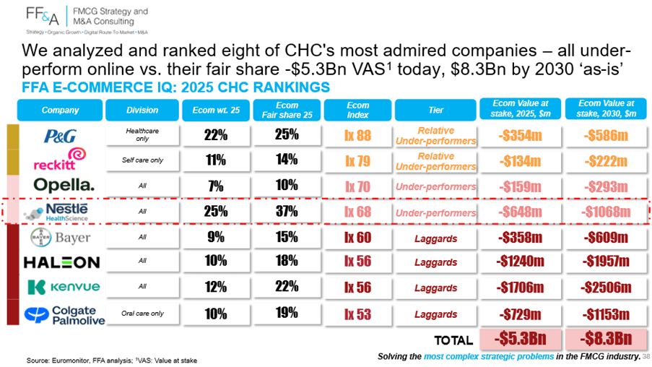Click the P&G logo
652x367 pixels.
60,136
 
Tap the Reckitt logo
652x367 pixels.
60,158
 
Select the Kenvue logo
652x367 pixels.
64,287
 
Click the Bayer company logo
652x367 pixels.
61,238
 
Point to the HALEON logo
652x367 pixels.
61,262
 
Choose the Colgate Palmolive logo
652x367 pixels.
64,315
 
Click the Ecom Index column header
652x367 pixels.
357,110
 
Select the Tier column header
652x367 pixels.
435,110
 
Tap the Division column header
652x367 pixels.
142,110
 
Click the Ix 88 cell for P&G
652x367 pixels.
357,136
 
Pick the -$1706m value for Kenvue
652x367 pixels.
521,287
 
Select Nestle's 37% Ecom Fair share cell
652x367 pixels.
287,212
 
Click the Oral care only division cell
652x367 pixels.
143,314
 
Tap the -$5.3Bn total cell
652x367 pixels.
520,339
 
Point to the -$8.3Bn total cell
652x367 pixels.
607,339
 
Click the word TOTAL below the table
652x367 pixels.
453,340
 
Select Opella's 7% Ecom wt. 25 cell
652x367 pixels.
216,186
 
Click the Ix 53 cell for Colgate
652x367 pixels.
357,314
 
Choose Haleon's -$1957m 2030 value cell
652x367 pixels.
607,262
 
